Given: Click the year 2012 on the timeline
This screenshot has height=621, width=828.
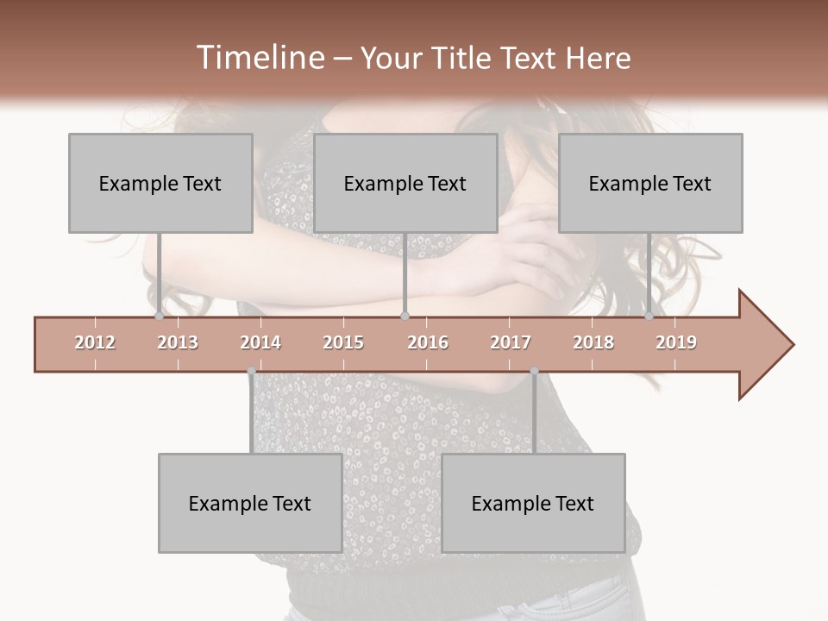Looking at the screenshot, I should (x=95, y=342).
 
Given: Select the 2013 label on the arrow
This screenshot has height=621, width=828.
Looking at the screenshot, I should (x=178, y=342).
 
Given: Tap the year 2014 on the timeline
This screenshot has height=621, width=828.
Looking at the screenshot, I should (x=260, y=342).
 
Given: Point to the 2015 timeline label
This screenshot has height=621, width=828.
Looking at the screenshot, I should (x=343, y=342).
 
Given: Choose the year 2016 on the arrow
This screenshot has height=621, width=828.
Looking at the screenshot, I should (x=428, y=342).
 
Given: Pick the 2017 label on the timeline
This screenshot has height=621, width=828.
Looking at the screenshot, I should (x=511, y=342).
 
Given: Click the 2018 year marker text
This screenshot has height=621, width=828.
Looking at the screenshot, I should (x=593, y=342).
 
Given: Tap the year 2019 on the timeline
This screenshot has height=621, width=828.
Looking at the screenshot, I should (x=676, y=342).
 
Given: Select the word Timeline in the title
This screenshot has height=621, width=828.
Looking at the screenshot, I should (x=258, y=58).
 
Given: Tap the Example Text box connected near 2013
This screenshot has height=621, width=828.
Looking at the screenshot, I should (x=160, y=183).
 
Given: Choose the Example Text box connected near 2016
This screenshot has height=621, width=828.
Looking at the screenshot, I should (x=405, y=183).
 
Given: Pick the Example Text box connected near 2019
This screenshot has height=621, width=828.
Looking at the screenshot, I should (x=650, y=183).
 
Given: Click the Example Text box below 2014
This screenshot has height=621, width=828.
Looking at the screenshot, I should (x=250, y=503).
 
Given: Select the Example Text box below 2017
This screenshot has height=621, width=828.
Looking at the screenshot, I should (x=533, y=503).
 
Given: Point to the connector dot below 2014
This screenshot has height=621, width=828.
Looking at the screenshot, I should (x=251, y=371).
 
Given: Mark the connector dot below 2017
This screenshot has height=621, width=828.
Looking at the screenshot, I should (x=534, y=371).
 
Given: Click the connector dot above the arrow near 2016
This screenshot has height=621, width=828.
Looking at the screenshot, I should (x=405, y=316).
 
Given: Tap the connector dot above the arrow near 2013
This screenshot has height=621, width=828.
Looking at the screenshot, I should (x=159, y=316).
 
